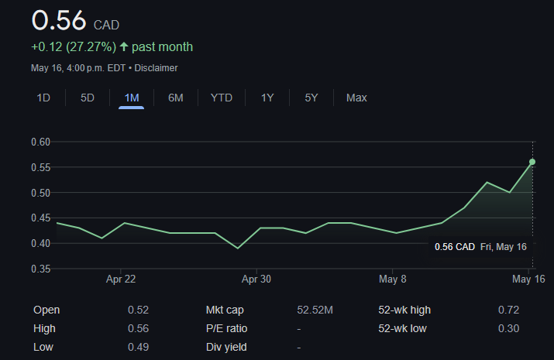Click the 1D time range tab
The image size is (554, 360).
click(43, 98)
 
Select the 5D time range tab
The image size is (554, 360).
click(88, 98)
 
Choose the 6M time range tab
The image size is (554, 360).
click(176, 98)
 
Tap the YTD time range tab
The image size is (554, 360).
click(222, 98)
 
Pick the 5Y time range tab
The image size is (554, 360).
click(311, 98)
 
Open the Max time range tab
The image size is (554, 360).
click(356, 98)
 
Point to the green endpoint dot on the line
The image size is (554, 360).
click(532, 162)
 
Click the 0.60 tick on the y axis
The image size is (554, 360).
click(40, 142)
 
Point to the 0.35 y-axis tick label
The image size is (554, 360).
click(40, 269)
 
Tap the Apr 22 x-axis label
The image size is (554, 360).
click(121, 279)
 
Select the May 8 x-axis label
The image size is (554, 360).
click(393, 279)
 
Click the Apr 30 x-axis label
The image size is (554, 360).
click(256, 279)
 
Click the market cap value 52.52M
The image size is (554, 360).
click(315, 310)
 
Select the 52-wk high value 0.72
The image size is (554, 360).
click(508, 310)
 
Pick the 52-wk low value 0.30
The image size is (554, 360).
click(508, 328)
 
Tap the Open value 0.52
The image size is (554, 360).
click(138, 310)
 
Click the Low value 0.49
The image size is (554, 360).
click(138, 347)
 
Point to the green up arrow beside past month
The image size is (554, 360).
click(124, 47)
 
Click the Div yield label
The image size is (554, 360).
click(225, 347)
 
